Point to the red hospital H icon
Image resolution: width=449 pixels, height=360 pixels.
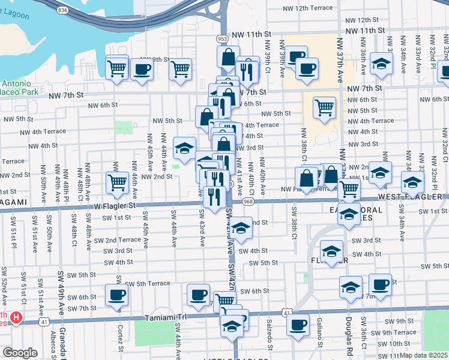[x=17, y=317]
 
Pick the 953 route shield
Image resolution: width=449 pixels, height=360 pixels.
[x=223, y=38]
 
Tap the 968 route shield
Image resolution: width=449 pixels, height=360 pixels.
[x=247, y=203]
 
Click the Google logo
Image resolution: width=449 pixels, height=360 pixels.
[x=20, y=352]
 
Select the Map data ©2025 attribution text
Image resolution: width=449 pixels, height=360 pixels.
[x=424, y=355]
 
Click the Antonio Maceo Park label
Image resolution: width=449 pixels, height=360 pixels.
[x=18, y=88]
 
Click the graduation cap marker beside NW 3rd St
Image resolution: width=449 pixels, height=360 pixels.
[x=185, y=147]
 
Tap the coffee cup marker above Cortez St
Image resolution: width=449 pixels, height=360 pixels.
[x=116, y=294]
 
